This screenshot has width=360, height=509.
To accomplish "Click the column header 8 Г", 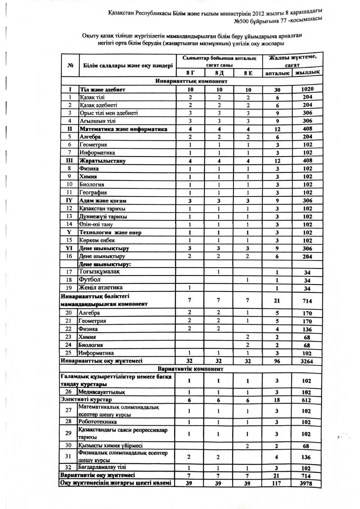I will [190, 73].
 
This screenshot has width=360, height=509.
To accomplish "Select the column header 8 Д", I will [219, 73].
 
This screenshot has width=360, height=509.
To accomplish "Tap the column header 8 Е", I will [248, 73].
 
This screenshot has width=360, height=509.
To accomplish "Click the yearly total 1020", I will [307, 89].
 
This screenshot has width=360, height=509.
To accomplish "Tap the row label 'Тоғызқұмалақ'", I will [99, 272].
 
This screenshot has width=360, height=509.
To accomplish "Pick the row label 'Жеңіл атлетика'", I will [101, 288].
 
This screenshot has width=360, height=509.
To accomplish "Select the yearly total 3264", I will [306, 361].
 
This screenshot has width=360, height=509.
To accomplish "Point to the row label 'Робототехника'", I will [97, 421].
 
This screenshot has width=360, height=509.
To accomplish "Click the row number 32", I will [68, 467].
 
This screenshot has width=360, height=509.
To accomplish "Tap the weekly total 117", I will [276, 483].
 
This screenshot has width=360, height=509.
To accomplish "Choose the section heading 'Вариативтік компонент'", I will [191, 369].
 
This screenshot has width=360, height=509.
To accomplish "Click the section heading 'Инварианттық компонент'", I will [191, 81].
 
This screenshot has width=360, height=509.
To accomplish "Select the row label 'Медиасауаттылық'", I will [102, 392].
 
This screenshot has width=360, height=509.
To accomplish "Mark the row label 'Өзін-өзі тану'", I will [96, 224].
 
